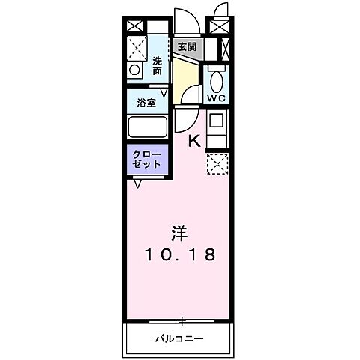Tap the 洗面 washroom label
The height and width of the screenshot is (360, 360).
coord(157,66)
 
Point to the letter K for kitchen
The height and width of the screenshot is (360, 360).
coord(193,139)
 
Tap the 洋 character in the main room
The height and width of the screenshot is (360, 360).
coord(180,233)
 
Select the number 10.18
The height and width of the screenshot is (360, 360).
coord(180,254)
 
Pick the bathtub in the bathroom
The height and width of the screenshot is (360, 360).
coord(147,126)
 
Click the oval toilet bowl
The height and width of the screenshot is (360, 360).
coord(216,81)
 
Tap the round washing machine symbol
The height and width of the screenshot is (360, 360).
coord(135,70)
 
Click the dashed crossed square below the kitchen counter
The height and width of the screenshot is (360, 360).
coord(217,163)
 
